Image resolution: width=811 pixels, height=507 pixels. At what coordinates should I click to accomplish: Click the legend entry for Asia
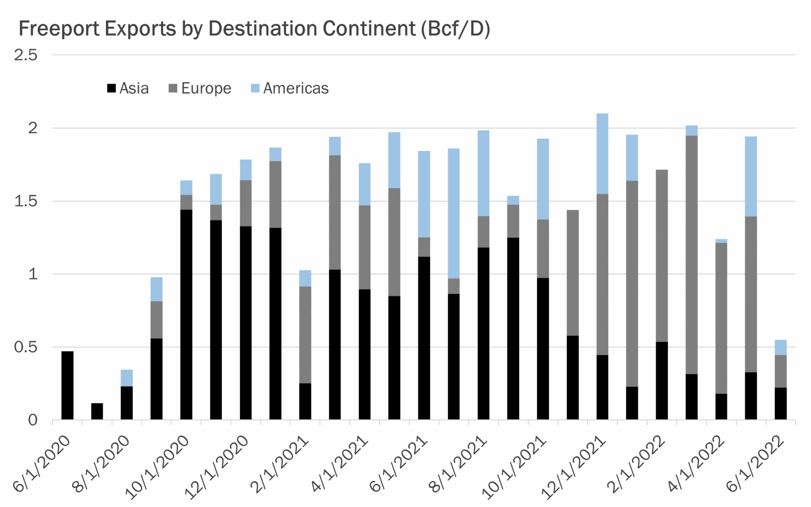pos(128,88)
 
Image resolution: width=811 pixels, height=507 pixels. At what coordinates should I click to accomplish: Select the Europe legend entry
pos(200,88)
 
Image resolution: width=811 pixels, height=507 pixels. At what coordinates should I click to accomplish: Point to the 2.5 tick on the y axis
pos(26,55)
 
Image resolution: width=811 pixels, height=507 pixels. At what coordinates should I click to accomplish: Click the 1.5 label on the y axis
pos(26,201)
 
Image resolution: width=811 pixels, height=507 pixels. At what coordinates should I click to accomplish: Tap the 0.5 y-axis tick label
pos(26,347)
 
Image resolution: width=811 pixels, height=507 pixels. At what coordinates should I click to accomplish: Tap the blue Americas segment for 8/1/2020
pos(127,378)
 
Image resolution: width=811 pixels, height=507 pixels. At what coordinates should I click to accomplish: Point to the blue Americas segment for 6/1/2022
pos(781,347)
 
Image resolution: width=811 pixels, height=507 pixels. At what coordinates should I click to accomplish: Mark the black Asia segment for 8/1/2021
pos(484,333)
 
